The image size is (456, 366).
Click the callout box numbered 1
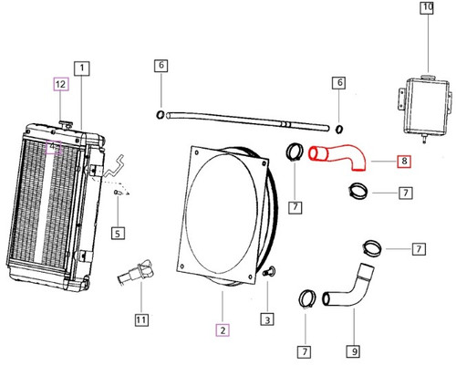click(x=82, y=68)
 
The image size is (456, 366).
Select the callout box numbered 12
click(x=60, y=85)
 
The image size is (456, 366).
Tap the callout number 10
click(x=428, y=10)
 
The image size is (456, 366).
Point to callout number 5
click(x=117, y=233)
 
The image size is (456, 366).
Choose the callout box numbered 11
click(x=140, y=319)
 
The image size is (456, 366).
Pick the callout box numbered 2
click(x=221, y=329)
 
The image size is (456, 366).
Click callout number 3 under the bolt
click(x=267, y=319)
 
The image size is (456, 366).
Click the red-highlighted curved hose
click(x=338, y=157)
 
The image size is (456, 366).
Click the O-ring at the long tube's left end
click(x=161, y=115)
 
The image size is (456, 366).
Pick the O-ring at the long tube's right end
click(x=339, y=130)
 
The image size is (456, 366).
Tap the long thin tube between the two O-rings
click(x=246, y=120)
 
